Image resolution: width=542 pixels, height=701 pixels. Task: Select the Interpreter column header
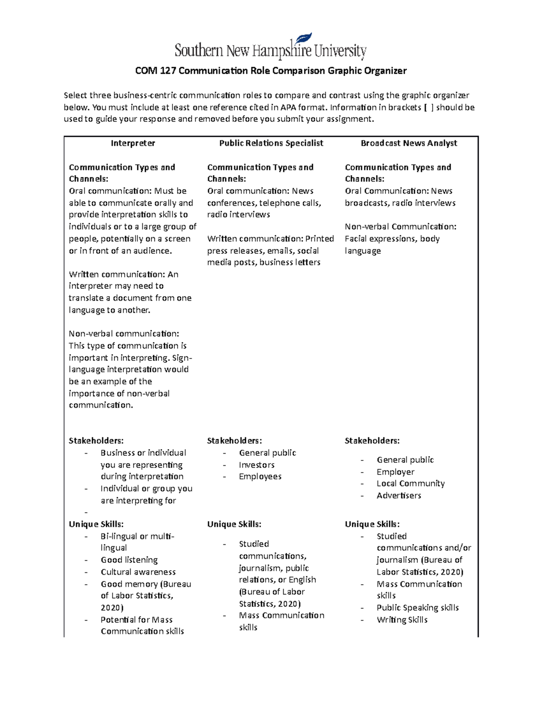[x=133, y=143]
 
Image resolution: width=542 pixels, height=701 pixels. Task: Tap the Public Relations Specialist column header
[x=271, y=143]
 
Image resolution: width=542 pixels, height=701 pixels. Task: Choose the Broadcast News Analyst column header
[x=409, y=143]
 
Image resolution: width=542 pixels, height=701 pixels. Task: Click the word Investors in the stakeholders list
[x=257, y=465]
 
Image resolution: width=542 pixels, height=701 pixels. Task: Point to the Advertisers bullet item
[x=399, y=496]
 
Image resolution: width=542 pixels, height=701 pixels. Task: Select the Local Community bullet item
[x=411, y=483]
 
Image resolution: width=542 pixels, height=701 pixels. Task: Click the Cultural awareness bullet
[x=138, y=572]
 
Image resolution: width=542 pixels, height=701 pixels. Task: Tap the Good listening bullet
[x=129, y=560]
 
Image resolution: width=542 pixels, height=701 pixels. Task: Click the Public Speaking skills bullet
[x=418, y=608]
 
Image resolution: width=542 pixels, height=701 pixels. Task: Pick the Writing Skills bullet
[x=402, y=620]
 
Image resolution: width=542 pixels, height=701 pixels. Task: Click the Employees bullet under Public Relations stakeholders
[x=260, y=477]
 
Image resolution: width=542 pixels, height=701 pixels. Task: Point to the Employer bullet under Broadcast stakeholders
[x=395, y=472]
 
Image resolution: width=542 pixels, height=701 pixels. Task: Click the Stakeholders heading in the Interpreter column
[x=96, y=441]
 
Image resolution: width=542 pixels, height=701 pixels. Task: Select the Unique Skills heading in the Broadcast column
[x=372, y=524]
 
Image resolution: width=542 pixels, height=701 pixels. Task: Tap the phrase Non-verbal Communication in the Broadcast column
[x=400, y=227]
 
